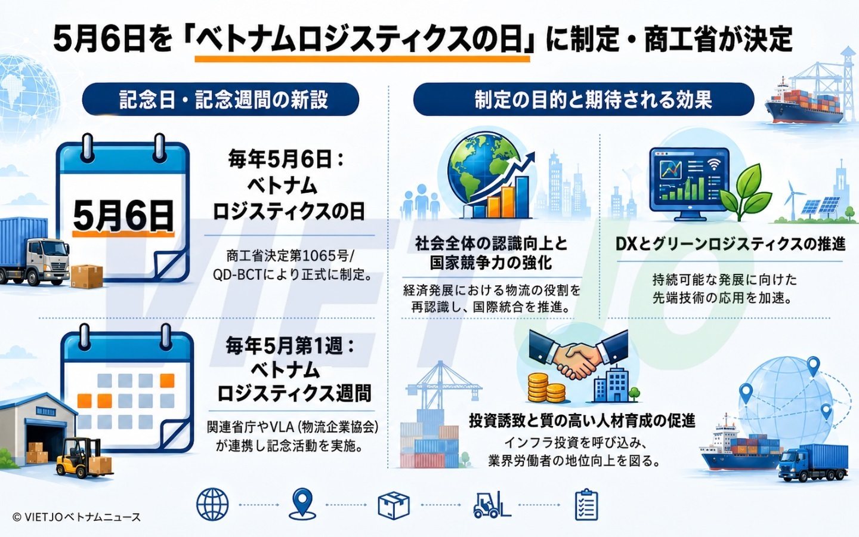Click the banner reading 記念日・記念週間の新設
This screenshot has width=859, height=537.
[221, 99]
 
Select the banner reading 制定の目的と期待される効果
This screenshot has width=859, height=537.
[583, 99]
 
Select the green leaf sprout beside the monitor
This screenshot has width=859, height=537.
[744, 192]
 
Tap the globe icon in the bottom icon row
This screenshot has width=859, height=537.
[212, 504]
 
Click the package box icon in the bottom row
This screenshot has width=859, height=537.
[394, 505]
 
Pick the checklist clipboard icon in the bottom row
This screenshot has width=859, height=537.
[586, 504]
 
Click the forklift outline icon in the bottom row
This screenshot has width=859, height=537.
[492, 505]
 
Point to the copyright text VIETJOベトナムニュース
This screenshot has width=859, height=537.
[77, 517]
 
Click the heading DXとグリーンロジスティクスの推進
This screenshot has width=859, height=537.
[730, 244]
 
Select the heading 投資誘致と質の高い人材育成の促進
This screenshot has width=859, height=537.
[582, 421]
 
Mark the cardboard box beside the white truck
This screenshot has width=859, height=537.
[86, 276]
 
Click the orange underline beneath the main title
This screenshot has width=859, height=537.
[363, 58]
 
